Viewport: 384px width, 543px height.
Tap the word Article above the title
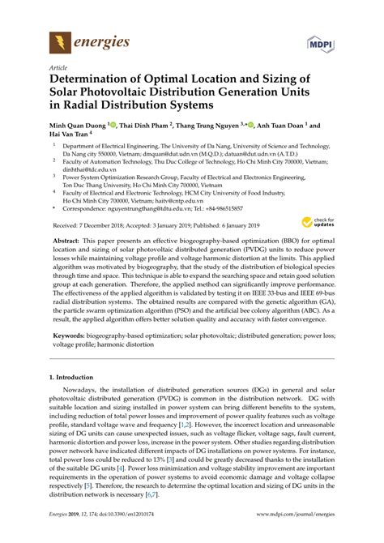(58, 68)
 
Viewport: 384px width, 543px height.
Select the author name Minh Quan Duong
(77, 126)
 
